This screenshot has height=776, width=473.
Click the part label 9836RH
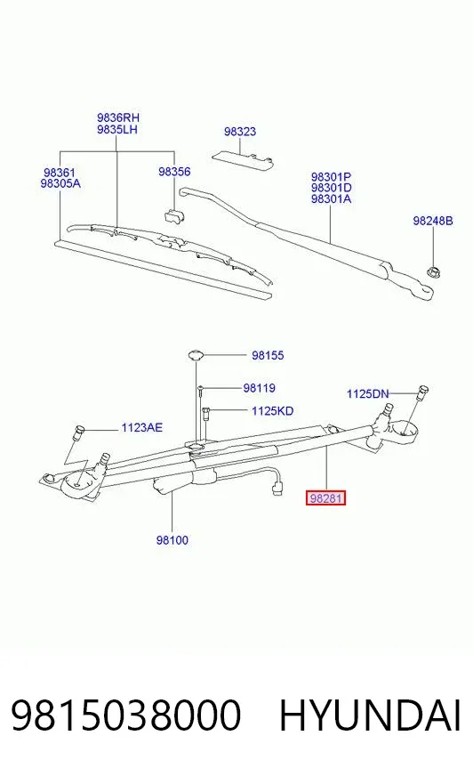[118, 117]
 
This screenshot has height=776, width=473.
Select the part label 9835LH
[117, 130]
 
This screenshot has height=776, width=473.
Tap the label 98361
[60, 173]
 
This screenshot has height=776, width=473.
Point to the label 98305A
[60, 183]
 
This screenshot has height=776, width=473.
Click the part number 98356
[174, 172]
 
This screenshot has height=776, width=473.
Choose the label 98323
[240, 132]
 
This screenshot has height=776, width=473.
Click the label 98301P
[331, 177]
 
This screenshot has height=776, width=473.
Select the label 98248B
[433, 221]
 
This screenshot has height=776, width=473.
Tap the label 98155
[268, 355]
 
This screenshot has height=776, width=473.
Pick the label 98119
[259, 388]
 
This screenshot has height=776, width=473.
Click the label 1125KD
[272, 411]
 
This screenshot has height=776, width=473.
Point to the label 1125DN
[368, 394]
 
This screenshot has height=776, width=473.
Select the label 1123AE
[142, 427]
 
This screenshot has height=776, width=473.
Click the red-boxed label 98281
[325, 498]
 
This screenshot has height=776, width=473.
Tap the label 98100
[172, 540]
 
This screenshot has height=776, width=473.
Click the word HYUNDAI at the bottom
[370, 715]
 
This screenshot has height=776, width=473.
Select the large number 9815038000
[126, 715]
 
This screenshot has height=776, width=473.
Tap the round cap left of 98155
[196, 355]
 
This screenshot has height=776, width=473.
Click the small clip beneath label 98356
[173, 215]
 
